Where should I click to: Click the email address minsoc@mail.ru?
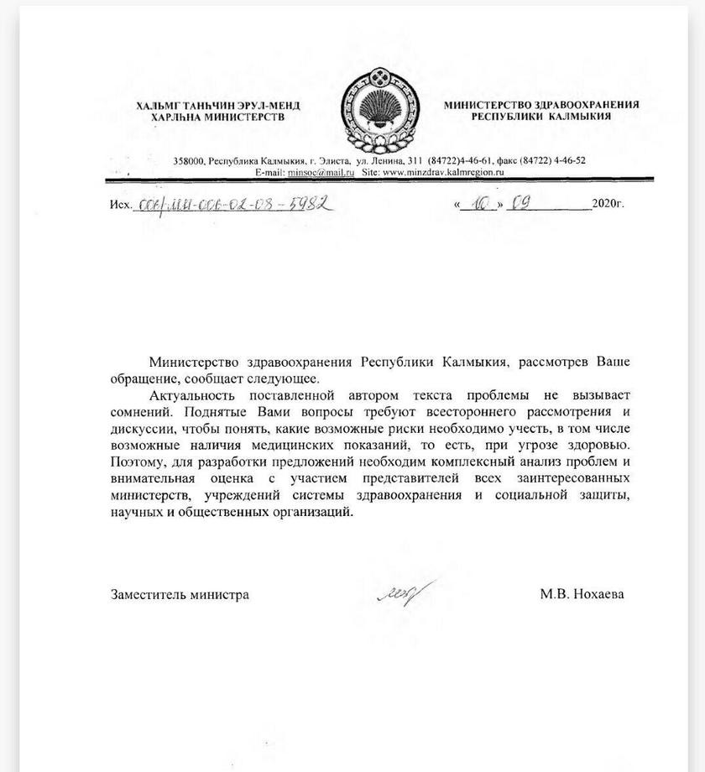click(x=321, y=171)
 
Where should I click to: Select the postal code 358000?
click(x=189, y=160)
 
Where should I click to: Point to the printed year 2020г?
click(x=608, y=204)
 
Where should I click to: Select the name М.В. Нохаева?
click(x=582, y=594)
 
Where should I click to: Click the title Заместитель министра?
click(x=180, y=594)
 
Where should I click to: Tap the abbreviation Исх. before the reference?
click(x=121, y=205)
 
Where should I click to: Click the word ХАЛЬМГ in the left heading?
click(x=158, y=105)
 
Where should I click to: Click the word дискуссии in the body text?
click(x=140, y=428)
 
